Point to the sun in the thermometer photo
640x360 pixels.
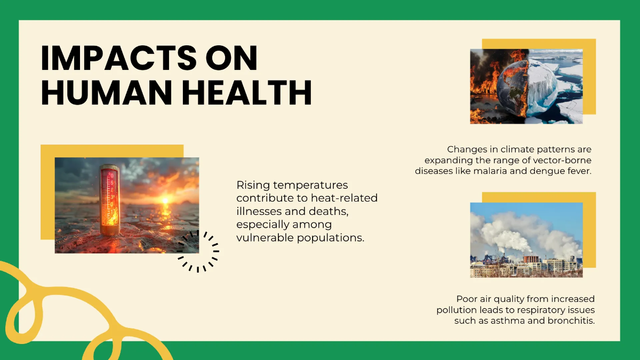[165, 200]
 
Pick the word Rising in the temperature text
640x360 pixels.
[254, 185]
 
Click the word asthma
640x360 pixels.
[511, 321]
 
